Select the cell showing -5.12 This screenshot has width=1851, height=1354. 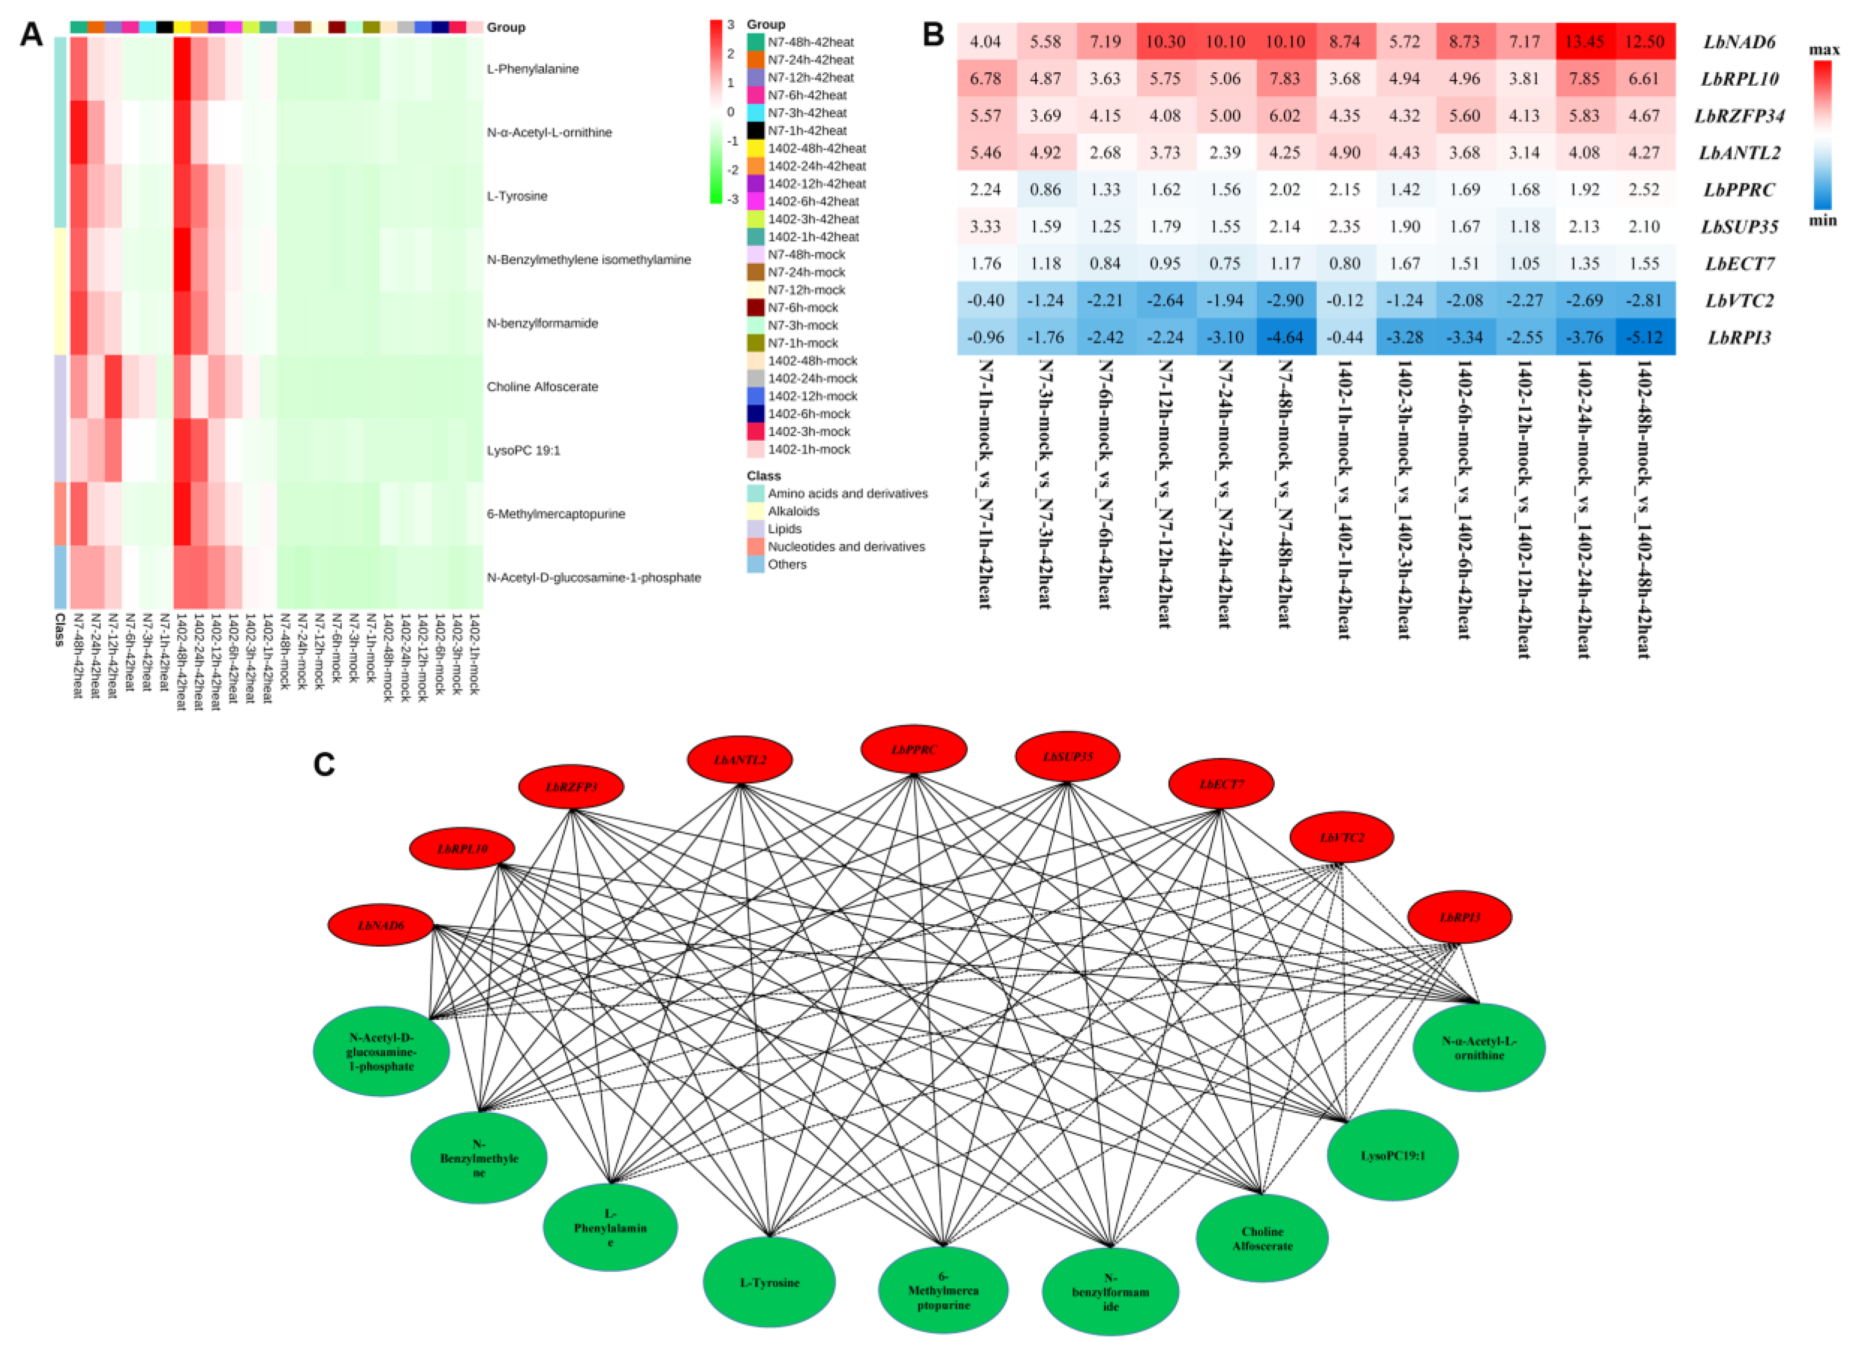point(1644,337)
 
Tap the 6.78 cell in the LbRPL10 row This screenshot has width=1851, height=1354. point(986,79)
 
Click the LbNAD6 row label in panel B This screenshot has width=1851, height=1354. point(1739,42)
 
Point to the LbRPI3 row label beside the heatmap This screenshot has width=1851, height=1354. point(1739,338)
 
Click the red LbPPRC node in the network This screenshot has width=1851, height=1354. point(914,750)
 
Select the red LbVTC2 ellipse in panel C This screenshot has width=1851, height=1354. point(1342,838)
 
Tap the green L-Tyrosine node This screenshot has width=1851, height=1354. point(769,1283)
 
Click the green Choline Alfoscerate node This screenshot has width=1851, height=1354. point(1262,1238)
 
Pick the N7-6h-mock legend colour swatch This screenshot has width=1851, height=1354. point(755,308)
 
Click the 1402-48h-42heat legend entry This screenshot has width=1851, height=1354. point(816,149)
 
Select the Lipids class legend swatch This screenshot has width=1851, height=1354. point(755,528)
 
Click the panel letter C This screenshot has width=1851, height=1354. point(325,764)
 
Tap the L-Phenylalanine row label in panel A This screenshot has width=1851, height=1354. point(532,69)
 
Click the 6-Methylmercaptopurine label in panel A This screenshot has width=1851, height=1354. point(555,514)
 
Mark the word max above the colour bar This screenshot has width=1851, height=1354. point(1824,50)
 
